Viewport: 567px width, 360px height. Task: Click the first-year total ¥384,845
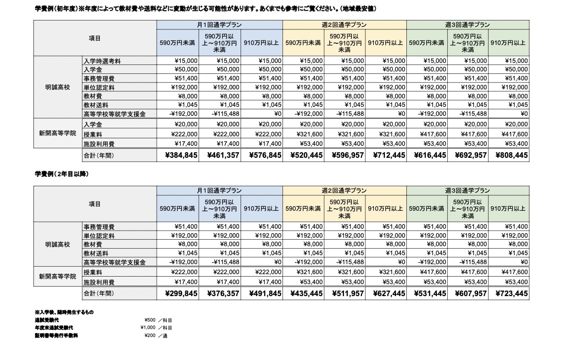pos(178,156)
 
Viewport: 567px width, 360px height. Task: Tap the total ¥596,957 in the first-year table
pos(344,156)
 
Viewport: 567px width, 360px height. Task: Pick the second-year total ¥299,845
pos(178,294)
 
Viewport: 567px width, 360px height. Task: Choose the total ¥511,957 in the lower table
pos(344,294)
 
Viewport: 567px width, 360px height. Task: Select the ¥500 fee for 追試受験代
pos(149,320)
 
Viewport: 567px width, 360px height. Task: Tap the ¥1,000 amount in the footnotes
pos(148,328)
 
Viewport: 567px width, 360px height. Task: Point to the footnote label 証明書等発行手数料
pos(56,336)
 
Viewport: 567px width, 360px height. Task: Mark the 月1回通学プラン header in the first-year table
pos(220,24)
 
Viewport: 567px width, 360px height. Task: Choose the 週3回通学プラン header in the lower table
pos(467,191)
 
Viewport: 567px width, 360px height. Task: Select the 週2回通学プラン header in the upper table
pos(344,24)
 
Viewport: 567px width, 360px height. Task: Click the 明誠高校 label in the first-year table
pos(58,87)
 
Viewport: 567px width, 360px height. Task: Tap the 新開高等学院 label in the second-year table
pos(58,276)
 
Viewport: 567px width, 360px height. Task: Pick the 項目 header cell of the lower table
pos(95,204)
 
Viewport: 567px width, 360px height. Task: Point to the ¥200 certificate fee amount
pos(149,336)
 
